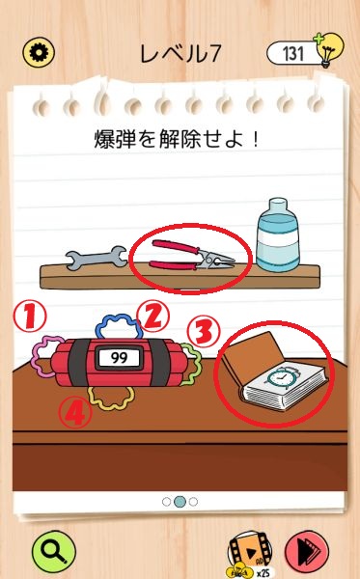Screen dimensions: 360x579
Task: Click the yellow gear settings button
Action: pos(39,53)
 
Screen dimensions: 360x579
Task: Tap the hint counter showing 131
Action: pos(292,53)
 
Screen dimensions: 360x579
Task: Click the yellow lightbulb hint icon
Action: pos(327,49)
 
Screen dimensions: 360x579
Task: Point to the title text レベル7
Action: pos(180,53)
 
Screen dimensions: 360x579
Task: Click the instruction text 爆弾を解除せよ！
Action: pos(177,139)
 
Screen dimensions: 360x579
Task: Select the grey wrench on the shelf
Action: pos(96,257)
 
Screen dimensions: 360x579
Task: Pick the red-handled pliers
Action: pos(192,255)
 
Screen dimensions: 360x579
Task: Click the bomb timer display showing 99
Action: pos(119,357)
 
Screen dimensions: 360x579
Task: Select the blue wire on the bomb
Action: pos(119,325)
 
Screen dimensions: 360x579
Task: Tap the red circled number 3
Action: pos(204,332)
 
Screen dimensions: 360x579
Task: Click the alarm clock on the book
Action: pos(280,378)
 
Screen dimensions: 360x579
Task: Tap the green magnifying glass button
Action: pos(53,552)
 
